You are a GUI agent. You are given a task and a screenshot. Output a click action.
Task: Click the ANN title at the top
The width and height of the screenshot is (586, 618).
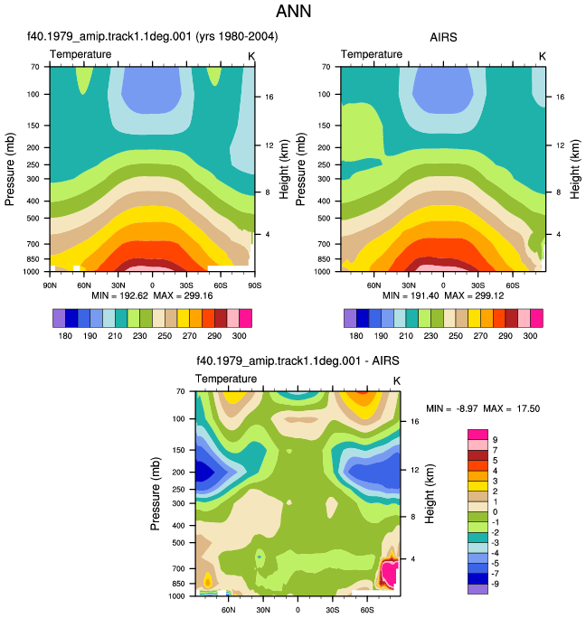coord(293,11)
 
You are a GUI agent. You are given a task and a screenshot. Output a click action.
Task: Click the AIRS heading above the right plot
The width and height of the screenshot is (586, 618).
coord(443,37)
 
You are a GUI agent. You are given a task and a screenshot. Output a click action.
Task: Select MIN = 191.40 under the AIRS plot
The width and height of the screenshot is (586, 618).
coord(411,295)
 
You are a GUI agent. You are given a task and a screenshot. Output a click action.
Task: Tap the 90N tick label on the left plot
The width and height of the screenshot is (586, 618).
coord(50,286)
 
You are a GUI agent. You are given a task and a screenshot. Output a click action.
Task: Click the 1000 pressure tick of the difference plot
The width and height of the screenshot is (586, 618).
coord(176,596)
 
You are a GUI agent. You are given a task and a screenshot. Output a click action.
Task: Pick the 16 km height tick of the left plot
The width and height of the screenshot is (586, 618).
coord(269,97)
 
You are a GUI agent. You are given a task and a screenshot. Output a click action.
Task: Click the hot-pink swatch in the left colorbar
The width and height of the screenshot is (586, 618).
coord(245,318)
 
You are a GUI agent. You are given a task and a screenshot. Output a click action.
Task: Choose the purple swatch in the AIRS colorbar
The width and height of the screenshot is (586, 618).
coord(350,318)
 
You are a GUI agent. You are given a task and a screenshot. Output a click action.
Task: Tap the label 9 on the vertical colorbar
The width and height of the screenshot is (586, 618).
coord(495,440)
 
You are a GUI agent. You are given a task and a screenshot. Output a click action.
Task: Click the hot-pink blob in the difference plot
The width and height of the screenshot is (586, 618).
coord(389,574)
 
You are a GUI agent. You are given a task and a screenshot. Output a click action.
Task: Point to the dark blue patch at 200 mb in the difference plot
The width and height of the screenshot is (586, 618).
coord(204,471)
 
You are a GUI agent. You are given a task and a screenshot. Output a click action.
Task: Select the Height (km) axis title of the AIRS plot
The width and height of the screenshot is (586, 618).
coord(575,169)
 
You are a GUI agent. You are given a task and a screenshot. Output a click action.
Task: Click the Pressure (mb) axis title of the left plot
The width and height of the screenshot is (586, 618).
coord(10,169)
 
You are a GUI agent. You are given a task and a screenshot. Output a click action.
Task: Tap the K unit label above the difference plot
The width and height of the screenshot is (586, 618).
coord(397,380)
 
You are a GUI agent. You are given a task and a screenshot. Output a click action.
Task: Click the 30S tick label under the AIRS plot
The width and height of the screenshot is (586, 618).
coord(477,286)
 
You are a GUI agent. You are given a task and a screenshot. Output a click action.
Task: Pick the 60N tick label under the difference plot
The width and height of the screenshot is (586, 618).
coord(229,610)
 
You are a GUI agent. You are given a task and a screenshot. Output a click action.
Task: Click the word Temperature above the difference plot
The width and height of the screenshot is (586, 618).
coord(226,379)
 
